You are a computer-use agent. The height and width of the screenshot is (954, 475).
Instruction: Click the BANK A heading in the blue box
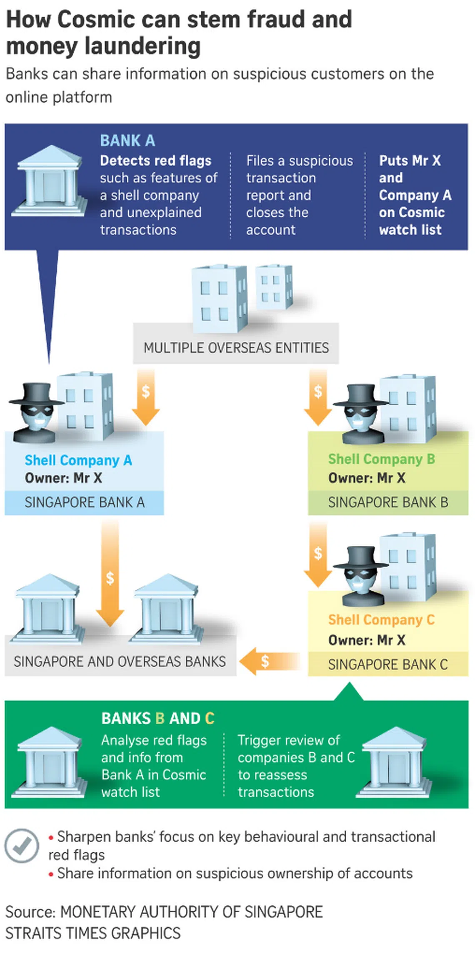(x=127, y=141)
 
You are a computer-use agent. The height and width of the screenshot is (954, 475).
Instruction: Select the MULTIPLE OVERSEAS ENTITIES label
(x=236, y=348)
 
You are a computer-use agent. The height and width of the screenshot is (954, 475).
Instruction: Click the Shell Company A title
(x=78, y=460)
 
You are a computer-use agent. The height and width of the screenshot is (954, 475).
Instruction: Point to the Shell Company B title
(x=381, y=459)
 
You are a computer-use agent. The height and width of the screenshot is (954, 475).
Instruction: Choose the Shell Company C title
(x=381, y=620)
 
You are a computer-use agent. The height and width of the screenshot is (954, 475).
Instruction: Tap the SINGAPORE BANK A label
(x=85, y=502)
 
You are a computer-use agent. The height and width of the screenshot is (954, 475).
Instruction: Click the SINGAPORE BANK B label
(x=388, y=502)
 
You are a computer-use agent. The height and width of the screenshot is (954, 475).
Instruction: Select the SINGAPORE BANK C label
(x=388, y=664)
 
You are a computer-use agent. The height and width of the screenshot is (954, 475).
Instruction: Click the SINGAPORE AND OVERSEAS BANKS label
(x=120, y=662)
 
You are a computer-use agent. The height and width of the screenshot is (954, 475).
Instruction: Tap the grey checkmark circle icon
(x=22, y=846)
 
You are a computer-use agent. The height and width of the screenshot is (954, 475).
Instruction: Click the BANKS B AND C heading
(x=157, y=718)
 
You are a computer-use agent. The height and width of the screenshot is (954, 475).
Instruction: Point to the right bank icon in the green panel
(x=393, y=763)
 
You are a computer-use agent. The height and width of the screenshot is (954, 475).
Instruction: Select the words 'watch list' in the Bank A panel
(x=410, y=230)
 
